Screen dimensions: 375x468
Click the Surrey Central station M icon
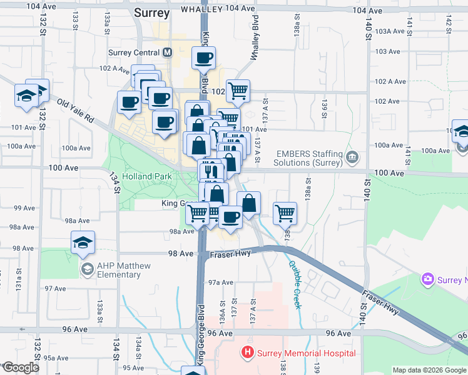(167, 53)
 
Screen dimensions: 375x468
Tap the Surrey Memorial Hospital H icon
(248, 353)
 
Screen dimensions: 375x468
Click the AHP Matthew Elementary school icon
(88, 269)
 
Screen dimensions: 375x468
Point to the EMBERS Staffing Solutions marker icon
(354, 155)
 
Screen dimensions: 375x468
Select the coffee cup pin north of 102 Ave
(203, 59)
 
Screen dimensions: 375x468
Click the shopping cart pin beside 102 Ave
(238, 91)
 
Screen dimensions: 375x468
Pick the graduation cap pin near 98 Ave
(83, 242)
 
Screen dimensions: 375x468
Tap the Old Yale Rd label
(74, 110)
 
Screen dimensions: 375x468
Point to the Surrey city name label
(152, 12)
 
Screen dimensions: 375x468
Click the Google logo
(20, 368)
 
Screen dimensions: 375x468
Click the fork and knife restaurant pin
(210, 170)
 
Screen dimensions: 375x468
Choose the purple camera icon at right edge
(428, 278)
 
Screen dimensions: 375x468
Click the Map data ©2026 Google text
(429, 370)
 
